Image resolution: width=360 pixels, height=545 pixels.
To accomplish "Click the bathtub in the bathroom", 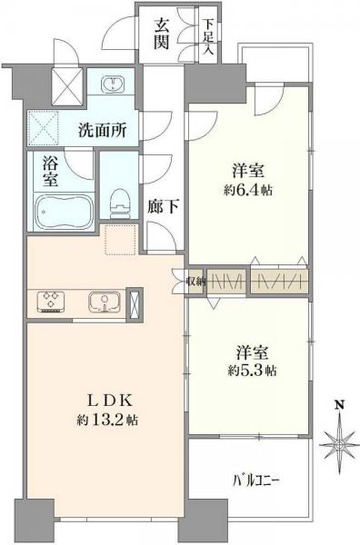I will click(x=61, y=215).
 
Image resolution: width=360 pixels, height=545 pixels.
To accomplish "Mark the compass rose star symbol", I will click(x=338, y=444).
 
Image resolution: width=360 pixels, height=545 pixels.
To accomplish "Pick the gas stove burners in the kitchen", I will click(x=50, y=301).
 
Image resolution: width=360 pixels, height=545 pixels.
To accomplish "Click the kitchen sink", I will click(x=102, y=301).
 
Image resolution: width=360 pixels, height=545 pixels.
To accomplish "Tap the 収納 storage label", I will click(x=197, y=281).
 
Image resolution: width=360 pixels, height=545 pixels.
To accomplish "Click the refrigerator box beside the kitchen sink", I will click(x=135, y=302).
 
